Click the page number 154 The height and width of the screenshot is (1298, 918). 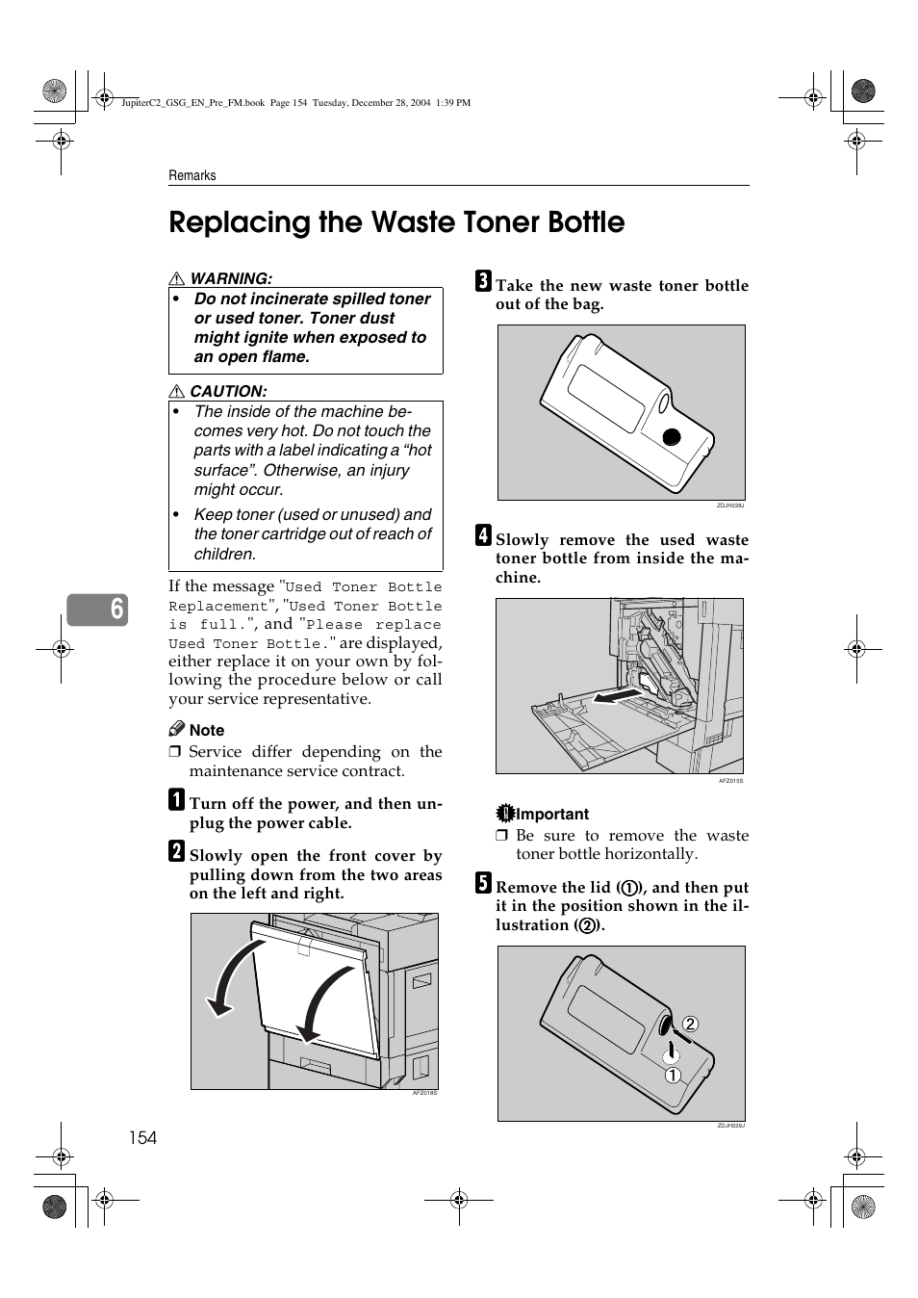click(x=142, y=1137)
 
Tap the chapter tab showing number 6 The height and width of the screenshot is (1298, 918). click(x=97, y=609)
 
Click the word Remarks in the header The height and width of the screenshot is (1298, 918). click(x=192, y=175)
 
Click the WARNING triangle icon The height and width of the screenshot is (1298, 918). click(x=177, y=278)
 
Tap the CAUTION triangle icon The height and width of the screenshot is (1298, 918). click(x=177, y=391)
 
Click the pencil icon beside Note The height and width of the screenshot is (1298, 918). click(x=176, y=729)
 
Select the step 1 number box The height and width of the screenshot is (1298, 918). click(x=176, y=799)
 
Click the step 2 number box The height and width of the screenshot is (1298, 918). click(x=176, y=851)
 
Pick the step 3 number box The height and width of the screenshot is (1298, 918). click(x=483, y=281)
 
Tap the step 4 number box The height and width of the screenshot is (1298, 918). click(x=483, y=535)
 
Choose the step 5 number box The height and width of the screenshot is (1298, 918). click(x=483, y=883)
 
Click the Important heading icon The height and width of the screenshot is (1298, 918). click(x=505, y=814)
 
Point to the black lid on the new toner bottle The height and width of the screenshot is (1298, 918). click(x=672, y=437)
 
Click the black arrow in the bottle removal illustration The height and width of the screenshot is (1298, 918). click(x=617, y=695)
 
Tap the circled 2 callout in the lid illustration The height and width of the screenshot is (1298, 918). click(x=690, y=1024)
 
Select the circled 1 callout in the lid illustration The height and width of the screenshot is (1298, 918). click(x=673, y=1075)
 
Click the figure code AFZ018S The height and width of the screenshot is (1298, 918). click(x=424, y=1093)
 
